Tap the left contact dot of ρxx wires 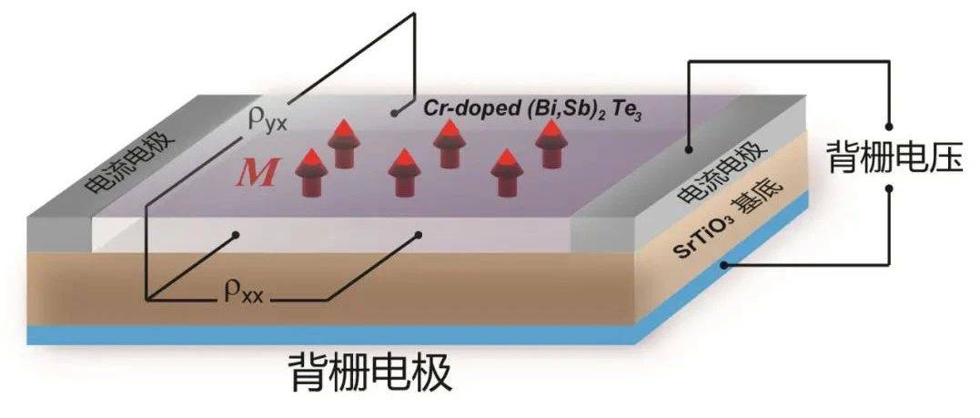[238, 234]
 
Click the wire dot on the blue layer [724, 265]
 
